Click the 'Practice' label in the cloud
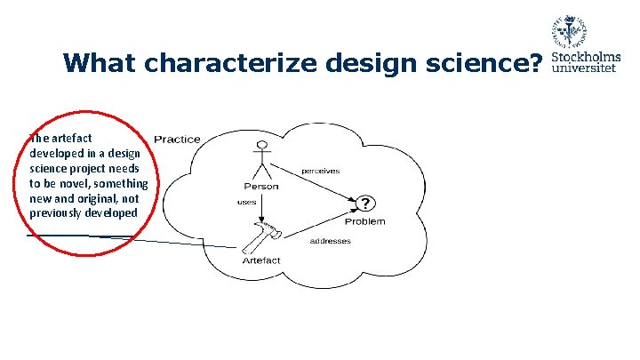pos(178,139)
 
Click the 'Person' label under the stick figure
pos(261,187)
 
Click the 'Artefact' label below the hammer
pos(261,260)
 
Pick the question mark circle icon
pos(365,204)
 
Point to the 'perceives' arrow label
pos(321,171)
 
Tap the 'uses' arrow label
pos(246,203)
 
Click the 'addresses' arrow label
pos(330,241)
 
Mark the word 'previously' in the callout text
pos(58,212)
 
